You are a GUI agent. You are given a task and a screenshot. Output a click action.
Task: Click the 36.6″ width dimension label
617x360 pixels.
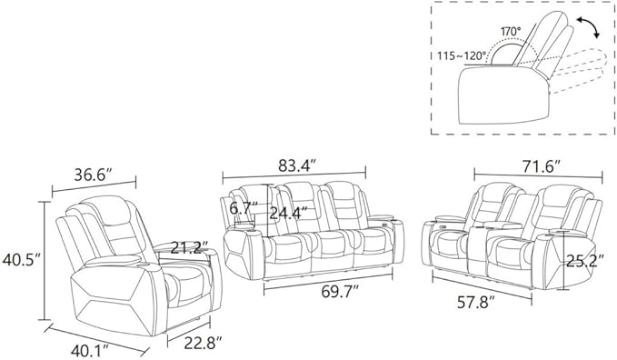pos(94,175)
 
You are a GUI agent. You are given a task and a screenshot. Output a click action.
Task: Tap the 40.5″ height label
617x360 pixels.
pos(22,260)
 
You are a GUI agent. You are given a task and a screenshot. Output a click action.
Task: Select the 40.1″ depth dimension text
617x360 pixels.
pos(90,349)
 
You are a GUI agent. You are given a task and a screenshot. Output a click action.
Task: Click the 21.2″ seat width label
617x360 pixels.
pos(189,247)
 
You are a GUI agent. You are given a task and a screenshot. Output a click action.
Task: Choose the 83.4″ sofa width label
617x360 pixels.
pos(297,165)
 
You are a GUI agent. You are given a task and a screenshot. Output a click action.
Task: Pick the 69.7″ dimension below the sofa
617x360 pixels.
pos(340,292)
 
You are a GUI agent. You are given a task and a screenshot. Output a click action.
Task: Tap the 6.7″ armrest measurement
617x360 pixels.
pos(244,208)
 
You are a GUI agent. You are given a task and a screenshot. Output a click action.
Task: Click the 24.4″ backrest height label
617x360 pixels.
pos(288,214)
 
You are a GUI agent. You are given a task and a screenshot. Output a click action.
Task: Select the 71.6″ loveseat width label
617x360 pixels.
pos(541,166)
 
